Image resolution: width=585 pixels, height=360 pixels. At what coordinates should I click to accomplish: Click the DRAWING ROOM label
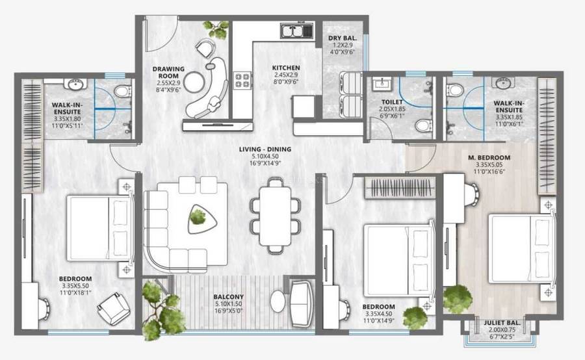pyautogui.click(x=168, y=70)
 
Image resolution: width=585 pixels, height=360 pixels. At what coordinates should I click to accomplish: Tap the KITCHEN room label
pyautogui.click(x=286, y=68)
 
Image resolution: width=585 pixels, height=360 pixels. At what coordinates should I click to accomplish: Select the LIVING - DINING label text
pyautogui.click(x=265, y=150)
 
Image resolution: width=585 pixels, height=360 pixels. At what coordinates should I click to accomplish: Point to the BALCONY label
pyautogui.click(x=228, y=297)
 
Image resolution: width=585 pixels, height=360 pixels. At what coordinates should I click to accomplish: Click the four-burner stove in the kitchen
pyautogui.click(x=243, y=80)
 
